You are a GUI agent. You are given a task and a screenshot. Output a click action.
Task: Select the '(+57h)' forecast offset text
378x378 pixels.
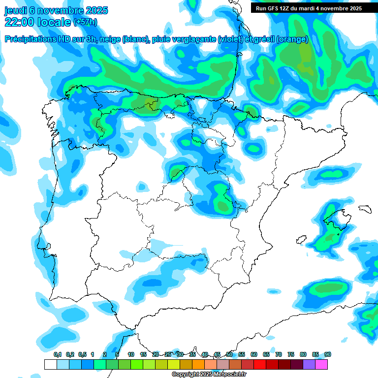(x=86, y=22)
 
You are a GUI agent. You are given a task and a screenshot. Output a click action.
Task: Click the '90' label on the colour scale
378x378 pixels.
(x=327, y=354)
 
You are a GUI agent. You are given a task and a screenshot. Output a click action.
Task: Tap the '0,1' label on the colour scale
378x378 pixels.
(x=57, y=354)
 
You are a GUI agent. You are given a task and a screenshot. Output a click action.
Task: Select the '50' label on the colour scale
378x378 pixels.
(x=229, y=354)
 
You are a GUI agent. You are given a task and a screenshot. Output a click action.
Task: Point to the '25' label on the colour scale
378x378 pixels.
(x=168, y=354)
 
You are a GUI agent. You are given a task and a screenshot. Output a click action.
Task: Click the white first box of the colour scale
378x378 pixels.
(x=50, y=364)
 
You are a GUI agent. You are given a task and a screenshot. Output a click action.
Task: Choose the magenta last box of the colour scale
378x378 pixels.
(x=321, y=364)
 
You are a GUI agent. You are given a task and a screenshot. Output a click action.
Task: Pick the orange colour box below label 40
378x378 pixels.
(x=198, y=364)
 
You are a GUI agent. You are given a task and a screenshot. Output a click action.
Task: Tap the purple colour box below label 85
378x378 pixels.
(x=309, y=364)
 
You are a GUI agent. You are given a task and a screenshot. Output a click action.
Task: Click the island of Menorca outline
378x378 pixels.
(x=364, y=209)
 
